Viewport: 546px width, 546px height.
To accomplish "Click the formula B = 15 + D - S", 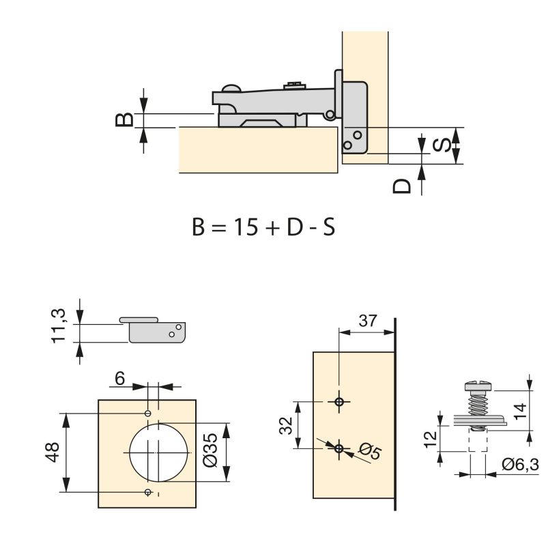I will [x=263, y=226].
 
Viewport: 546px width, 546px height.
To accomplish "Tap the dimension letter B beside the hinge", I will [x=123, y=119].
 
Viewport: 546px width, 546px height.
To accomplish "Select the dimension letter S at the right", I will [x=442, y=145].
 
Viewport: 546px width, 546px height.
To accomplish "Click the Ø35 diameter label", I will [x=211, y=451].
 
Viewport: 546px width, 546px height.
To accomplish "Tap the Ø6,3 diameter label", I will [x=520, y=465].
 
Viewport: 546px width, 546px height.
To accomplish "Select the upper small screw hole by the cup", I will [x=148, y=414].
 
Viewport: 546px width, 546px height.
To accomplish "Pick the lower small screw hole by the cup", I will [x=148, y=492].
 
